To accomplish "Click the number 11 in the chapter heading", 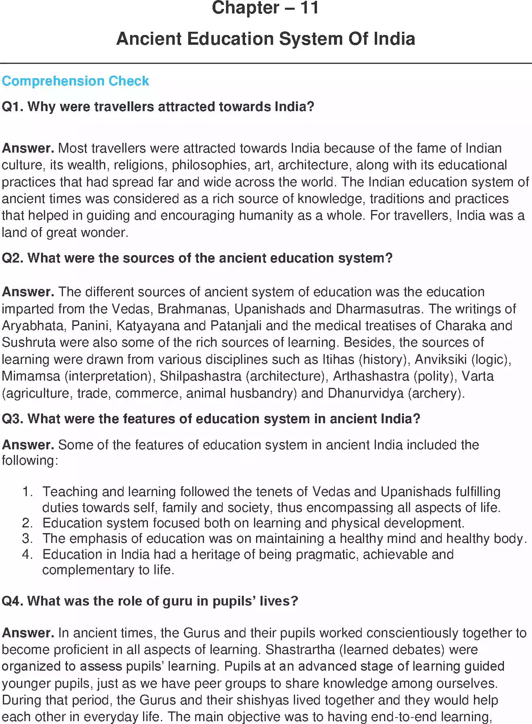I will coord(309,8).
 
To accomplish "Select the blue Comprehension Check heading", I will coord(75,81).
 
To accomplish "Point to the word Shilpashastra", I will coord(200,376).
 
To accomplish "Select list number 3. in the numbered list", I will coord(27,538).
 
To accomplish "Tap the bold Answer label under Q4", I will coord(28,633).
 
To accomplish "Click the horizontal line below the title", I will coord(266,63).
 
